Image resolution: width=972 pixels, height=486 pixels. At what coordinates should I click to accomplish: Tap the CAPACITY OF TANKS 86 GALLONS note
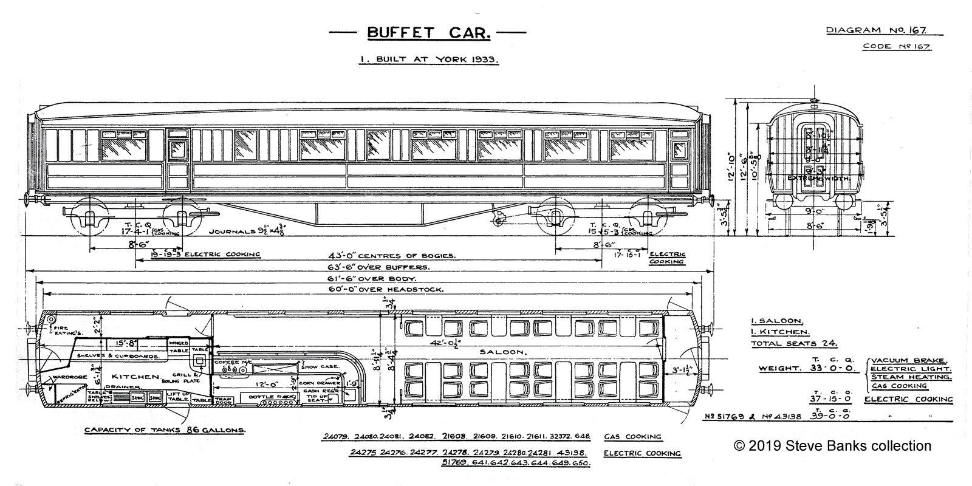point(165,430)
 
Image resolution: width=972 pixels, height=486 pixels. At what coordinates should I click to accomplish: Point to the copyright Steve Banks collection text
point(832,446)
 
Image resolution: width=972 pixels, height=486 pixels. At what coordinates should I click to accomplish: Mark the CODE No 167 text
point(897,47)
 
